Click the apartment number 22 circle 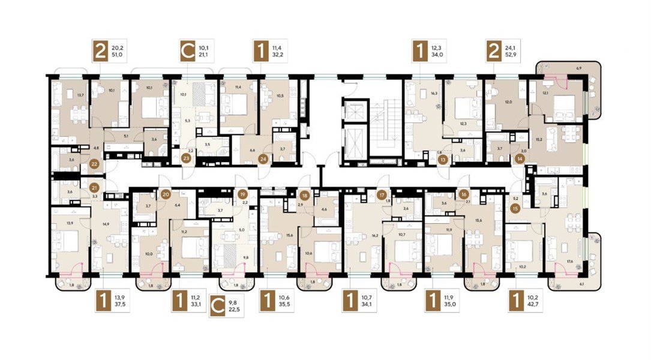click(x=94, y=163)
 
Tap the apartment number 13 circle click(x=443, y=160)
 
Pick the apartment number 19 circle click(x=242, y=194)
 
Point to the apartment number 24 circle click(x=263, y=159)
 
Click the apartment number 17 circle click(x=382, y=194)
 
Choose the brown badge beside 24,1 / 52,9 click(x=494, y=52)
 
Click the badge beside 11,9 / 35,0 click(x=430, y=300)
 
